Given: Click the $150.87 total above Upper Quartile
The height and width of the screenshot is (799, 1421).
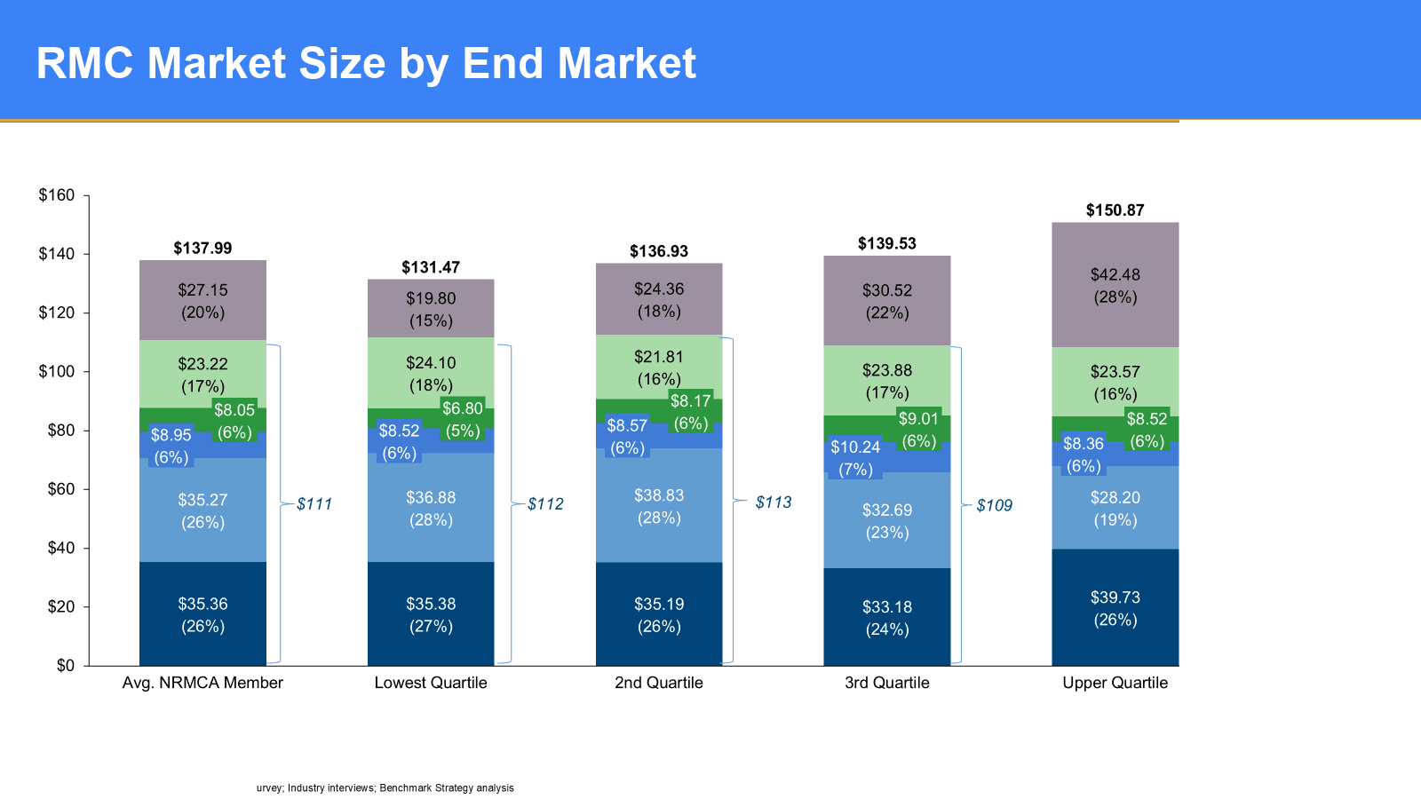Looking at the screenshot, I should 1115,210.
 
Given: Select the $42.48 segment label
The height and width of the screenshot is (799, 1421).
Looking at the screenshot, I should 1115,275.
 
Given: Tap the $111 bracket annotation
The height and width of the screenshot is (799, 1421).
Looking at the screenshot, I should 314,504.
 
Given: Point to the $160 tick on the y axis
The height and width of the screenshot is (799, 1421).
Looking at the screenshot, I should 57,195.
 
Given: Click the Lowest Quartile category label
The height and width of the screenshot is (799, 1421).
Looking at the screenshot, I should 431,683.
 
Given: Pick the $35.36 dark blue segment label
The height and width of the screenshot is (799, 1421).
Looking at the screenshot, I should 202,604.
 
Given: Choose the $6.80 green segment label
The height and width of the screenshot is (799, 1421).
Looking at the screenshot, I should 463,408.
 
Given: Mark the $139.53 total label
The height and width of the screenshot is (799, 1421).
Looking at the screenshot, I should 886,243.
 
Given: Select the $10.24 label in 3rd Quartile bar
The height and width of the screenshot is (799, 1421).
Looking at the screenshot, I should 855,447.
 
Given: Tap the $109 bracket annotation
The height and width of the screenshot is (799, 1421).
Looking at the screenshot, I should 994,506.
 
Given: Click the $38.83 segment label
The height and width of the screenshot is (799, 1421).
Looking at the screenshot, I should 659,495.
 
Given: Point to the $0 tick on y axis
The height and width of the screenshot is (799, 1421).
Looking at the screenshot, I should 66,666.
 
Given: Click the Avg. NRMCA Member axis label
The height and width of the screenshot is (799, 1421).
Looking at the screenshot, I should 202,683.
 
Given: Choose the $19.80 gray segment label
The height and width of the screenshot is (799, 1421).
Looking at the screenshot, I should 431,298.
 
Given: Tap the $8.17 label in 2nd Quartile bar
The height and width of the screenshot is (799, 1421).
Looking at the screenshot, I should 690,401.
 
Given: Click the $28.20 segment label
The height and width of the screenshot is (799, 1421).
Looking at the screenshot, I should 1115,498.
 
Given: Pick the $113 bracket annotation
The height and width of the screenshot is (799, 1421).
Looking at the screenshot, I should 774,502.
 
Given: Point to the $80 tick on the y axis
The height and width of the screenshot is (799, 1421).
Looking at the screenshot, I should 61,431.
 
